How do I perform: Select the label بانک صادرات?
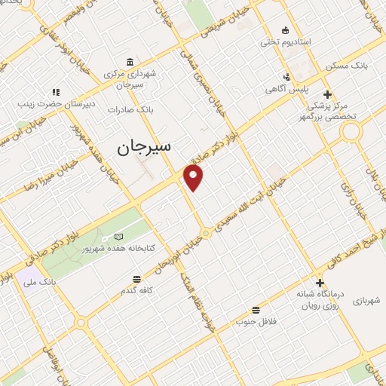pos(130,110)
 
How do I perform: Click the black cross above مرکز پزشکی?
pos(326,94)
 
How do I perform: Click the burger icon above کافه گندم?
pos(133,277)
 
